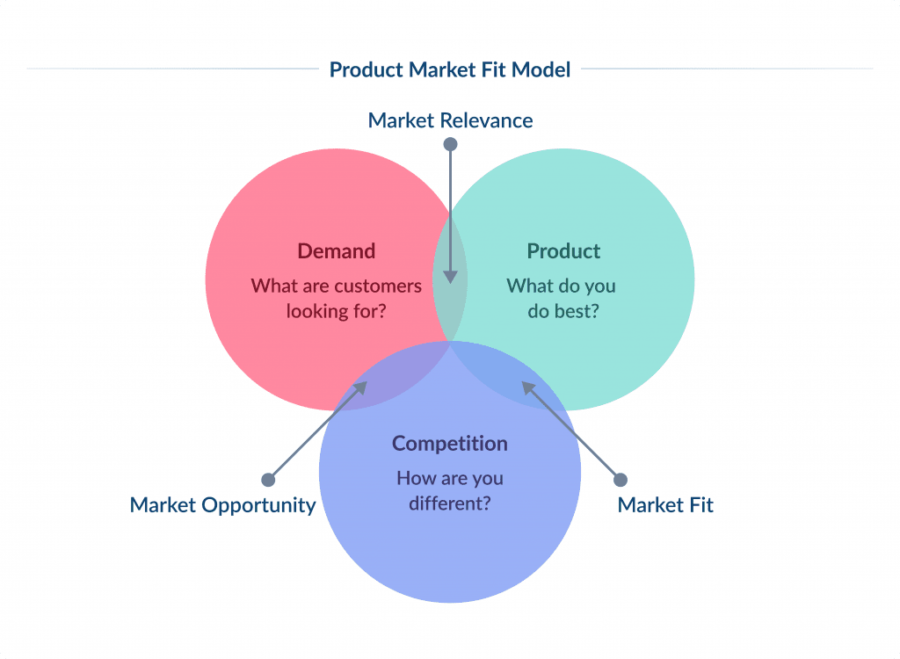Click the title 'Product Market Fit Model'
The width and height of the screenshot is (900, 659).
click(x=450, y=69)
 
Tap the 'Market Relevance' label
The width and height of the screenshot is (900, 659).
click(x=450, y=120)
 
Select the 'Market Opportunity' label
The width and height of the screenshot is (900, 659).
click(x=222, y=505)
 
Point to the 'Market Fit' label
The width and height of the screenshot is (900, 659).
click(x=665, y=505)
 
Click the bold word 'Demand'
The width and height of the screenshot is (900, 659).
click(x=336, y=251)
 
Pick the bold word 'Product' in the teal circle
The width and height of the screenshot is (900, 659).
click(x=563, y=251)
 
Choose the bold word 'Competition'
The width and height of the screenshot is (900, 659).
click(x=450, y=444)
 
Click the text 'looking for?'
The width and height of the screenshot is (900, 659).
click(x=336, y=311)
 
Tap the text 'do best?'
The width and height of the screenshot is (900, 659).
click(x=563, y=311)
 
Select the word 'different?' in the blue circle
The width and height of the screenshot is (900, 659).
click(x=450, y=504)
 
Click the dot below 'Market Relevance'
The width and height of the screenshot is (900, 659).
click(x=450, y=143)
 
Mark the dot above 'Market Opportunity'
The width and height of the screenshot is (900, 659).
click(x=268, y=480)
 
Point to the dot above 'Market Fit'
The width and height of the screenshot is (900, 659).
click(x=621, y=480)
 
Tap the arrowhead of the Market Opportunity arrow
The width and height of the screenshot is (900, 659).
click(x=361, y=386)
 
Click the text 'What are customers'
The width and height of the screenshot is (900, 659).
click(x=336, y=286)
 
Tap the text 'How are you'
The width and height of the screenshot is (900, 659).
click(x=450, y=479)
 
